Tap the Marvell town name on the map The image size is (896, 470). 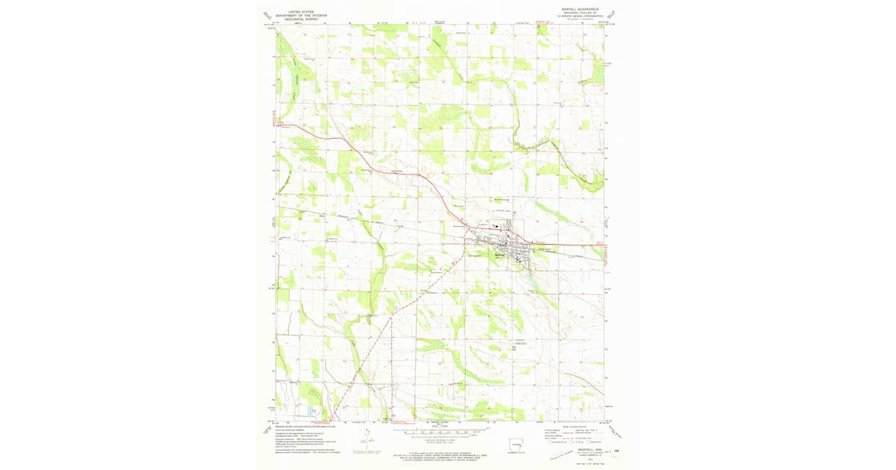click(x=500, y=254)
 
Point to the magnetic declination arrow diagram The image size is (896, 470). click(x=366, y=440)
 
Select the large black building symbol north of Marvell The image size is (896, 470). click(x=494, y=226)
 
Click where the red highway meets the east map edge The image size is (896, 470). click(x=603, y=244)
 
